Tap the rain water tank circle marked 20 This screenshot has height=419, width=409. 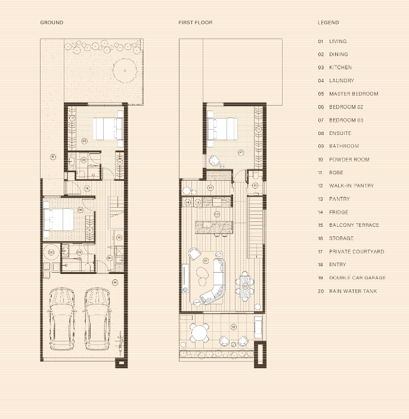(51, 253)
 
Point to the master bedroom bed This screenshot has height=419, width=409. (107, 127)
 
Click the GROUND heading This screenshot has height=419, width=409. (51, 23)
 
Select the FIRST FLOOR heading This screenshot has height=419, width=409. (195, 23)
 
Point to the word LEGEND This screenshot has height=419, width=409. (328, 23)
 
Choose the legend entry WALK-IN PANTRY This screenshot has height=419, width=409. (351, 186)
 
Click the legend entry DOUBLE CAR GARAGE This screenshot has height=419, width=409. (357, 278)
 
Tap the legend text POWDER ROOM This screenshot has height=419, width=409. (349, 159)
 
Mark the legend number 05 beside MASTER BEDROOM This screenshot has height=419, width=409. (320, 94)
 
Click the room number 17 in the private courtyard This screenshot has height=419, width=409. (52, 158)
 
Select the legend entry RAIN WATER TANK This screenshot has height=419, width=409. (352, 291)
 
